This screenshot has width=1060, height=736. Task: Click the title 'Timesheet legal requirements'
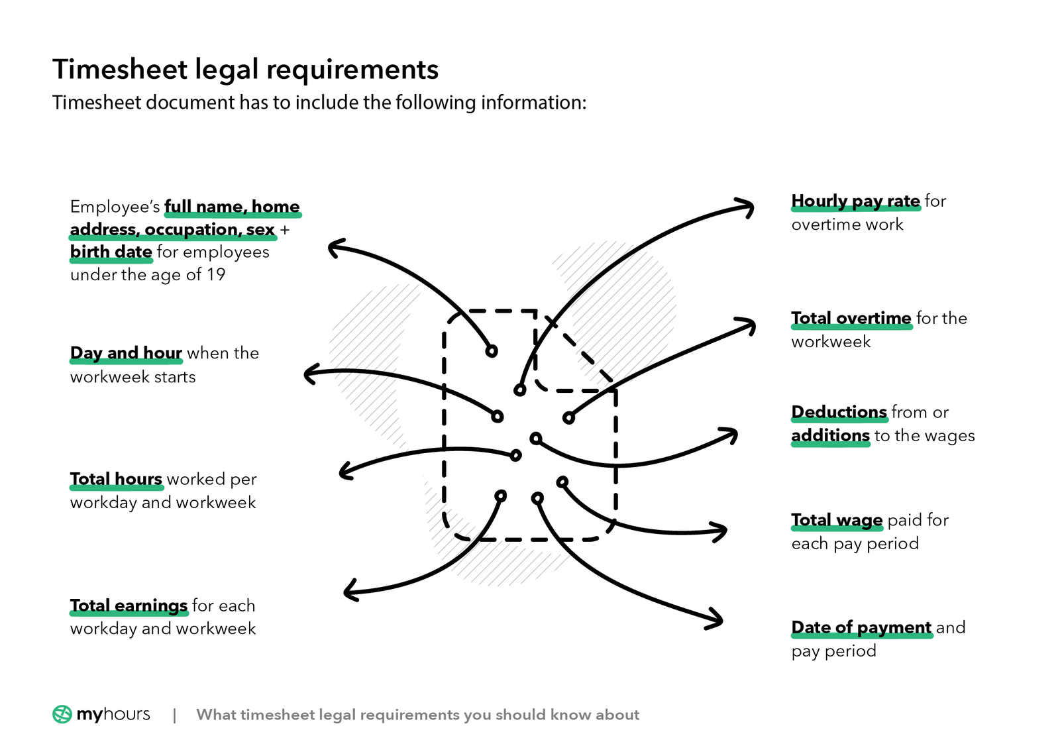[245, 70]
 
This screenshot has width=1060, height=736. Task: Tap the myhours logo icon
[62, 714]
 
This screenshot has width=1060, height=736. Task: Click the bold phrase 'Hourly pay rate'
[855, 201]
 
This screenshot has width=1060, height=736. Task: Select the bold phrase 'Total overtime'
[851, 318]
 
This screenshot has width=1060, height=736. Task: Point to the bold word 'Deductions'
[839, 412]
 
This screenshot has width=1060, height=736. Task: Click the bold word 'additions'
[830, 435]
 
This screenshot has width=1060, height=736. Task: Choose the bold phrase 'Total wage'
[837, 520]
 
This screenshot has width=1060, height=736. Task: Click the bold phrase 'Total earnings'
[129, 605]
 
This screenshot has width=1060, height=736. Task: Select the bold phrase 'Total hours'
[116, 479]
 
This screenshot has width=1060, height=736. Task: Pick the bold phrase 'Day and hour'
[126, 353]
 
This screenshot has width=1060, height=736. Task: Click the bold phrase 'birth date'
[111, 252]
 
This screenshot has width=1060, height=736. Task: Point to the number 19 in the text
[216, 274]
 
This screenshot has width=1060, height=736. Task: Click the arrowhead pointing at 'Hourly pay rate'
[749, 207]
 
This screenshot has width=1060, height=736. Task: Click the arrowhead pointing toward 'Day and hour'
[309, 374]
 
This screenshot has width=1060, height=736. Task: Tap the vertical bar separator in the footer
[174, 715]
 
